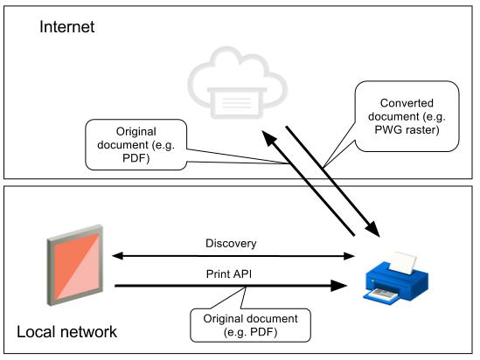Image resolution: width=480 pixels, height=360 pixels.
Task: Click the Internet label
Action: click(67, 27)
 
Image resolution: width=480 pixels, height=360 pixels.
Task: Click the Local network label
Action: click(66, 332)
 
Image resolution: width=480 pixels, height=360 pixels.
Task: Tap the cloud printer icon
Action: click(238, 83)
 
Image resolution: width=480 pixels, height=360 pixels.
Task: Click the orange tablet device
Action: click(75, 265)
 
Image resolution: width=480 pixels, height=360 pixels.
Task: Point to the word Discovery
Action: click(231, 244)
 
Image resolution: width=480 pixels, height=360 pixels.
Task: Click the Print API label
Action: click(229, 274)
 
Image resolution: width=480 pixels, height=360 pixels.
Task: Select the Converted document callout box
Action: click(407, 116)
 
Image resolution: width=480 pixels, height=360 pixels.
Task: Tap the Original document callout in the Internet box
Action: click(136, 145)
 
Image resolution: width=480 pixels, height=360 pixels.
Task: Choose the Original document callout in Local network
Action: click(250, 325)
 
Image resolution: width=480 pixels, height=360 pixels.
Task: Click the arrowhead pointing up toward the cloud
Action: click(269, 138)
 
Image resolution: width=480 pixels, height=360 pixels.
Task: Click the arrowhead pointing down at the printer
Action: click(373, 229)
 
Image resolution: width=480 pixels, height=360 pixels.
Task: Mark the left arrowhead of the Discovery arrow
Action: click(117, 256)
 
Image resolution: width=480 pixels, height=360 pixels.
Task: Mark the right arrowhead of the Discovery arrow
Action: click(349, 256)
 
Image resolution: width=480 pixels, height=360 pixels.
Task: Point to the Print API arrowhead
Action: click(339, 286)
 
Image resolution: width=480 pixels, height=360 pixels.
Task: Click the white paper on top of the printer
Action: click(403, 263)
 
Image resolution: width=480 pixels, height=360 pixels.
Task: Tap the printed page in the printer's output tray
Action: click(383, 294)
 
